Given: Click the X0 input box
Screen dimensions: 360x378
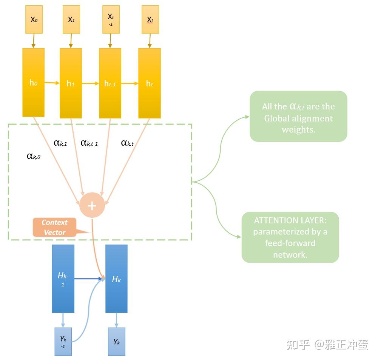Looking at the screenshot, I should click(34, 19).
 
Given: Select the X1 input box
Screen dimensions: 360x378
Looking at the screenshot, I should click(71, 19).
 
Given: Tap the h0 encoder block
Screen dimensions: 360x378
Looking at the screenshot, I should click(33, 83).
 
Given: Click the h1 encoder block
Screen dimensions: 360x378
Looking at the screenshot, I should click(71, 83).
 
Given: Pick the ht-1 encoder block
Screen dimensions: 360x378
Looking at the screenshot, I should click(110, 83).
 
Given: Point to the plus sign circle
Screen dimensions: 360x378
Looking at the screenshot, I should click(92, 205).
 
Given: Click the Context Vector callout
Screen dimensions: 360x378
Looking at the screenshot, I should click(55, 227).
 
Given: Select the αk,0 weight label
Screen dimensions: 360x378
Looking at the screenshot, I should click(34, 156).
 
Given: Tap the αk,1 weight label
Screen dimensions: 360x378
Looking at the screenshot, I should click(60, 143).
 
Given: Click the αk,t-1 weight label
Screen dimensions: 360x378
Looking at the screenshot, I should click(89, 143).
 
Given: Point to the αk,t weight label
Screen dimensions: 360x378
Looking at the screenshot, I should click(127, 143).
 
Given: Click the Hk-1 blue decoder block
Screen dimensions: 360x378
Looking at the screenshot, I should click(63, 279).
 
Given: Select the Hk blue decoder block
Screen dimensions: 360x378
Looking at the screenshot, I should click(116, 279).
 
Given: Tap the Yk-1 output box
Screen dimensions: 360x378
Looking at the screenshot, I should click(63, 342).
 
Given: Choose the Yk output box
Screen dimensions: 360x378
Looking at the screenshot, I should click(116, 342).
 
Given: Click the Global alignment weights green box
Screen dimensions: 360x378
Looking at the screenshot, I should click(298, 116).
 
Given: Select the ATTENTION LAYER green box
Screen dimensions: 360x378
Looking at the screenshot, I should click(290, 237).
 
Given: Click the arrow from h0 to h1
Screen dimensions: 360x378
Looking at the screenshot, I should click(52, 83).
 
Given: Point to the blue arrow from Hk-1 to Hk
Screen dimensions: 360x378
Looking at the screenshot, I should click(89, 279).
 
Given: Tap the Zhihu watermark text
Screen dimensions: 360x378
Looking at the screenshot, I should click(327, 344).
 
